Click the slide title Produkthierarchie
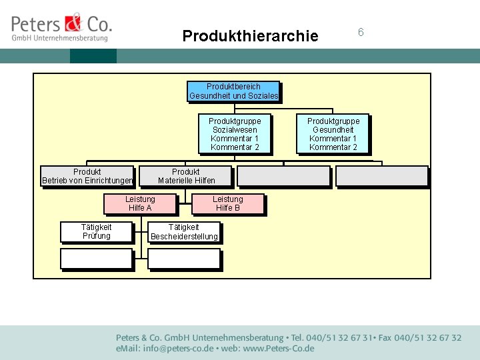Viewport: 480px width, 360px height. click(250, 36)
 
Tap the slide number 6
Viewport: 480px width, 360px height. click(361, 32)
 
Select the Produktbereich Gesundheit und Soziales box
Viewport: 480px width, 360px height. click(233, 91)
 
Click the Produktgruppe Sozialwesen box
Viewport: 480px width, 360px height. click(235, 134)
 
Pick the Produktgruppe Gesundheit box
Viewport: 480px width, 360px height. click(333, 134)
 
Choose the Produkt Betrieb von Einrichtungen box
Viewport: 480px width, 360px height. click(87, 176)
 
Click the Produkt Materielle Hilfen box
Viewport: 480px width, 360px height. click(186, 176)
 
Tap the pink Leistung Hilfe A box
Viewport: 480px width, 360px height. click(140, 203)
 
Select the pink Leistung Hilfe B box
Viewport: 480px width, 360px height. click(228, 203)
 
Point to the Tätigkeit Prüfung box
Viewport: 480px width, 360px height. click(97, 232)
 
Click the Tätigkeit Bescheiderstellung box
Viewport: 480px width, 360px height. click(184, 232)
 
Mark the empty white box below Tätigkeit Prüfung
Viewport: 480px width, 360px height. click(97, 258)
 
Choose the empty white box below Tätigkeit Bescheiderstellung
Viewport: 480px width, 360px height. click(184, 258)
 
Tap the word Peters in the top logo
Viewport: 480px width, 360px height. click(37, 25)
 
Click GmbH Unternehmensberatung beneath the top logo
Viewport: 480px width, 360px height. click(59, 39)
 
